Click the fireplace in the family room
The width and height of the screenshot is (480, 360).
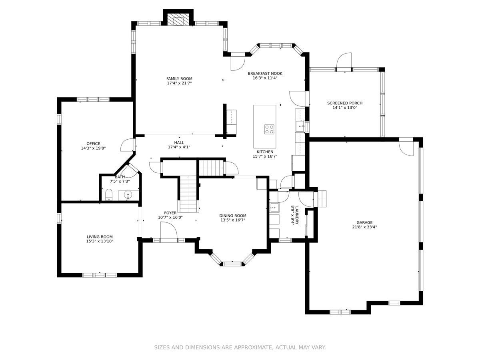pos(178,20)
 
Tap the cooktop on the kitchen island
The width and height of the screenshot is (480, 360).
pos(269,129)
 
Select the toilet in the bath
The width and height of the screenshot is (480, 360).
pos(109,194)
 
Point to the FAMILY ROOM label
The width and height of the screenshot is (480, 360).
pos(179,78)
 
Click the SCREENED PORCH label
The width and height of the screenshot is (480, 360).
pos(345,103)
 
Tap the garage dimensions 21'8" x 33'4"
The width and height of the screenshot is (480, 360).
pos(364,227)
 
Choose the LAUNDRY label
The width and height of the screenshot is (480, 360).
pos(297,215)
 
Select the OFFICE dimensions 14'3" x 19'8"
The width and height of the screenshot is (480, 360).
pos(93,148)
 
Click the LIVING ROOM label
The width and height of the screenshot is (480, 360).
pos(100,236)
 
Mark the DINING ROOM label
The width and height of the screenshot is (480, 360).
pos(233,216)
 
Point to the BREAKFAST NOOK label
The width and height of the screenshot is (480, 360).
pos(265,74)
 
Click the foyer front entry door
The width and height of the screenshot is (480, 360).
pos(169,232)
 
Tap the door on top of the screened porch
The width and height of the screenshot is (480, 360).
pos(344,62)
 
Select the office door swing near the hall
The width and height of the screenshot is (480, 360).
pos(127,145)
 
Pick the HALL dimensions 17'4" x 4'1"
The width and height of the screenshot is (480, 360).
pos(179,147)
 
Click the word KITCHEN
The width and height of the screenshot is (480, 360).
pos(265,152)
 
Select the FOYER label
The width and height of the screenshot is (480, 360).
pos(170,213)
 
